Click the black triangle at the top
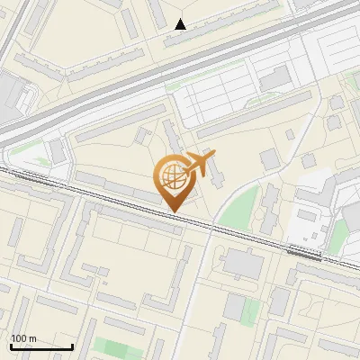click(181, 24)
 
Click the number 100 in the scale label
click(19, 338)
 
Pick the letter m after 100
click(32, 338)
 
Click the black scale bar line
click(41, 346)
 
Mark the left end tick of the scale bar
click(11, 345)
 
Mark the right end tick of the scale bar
click(72, 345)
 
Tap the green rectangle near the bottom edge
click(112, 347)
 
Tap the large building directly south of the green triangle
click(240, 264)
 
